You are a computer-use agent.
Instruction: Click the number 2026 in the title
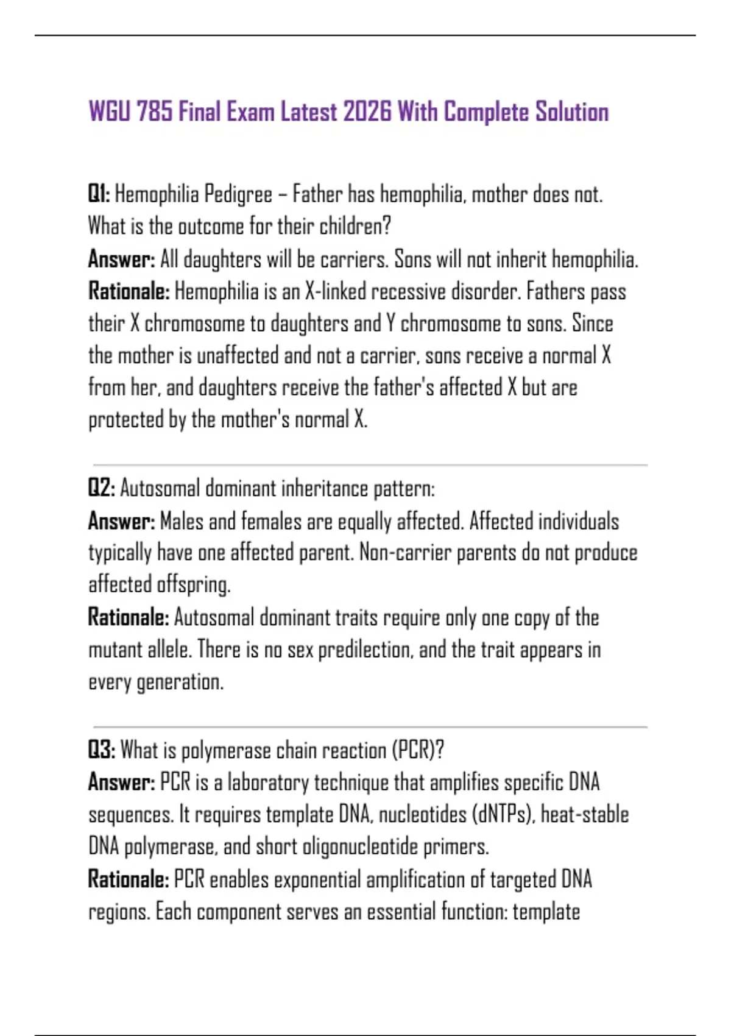[x=367, y=112]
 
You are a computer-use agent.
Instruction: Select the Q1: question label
[x=99, y=194]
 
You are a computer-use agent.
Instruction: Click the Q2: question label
[x=101, y=489]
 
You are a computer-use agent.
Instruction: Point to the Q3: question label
[x=101, y=750]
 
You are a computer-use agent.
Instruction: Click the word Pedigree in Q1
[x=238, y=195]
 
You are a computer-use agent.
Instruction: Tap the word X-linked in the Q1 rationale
[x=335, y=292]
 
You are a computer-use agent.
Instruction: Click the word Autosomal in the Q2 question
[x=160, y=489]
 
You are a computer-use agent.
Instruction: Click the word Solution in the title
[x=572, y=112]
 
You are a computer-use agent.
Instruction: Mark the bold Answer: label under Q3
[x=121, y=782]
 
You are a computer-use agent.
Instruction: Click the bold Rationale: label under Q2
[x=129, y=617]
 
